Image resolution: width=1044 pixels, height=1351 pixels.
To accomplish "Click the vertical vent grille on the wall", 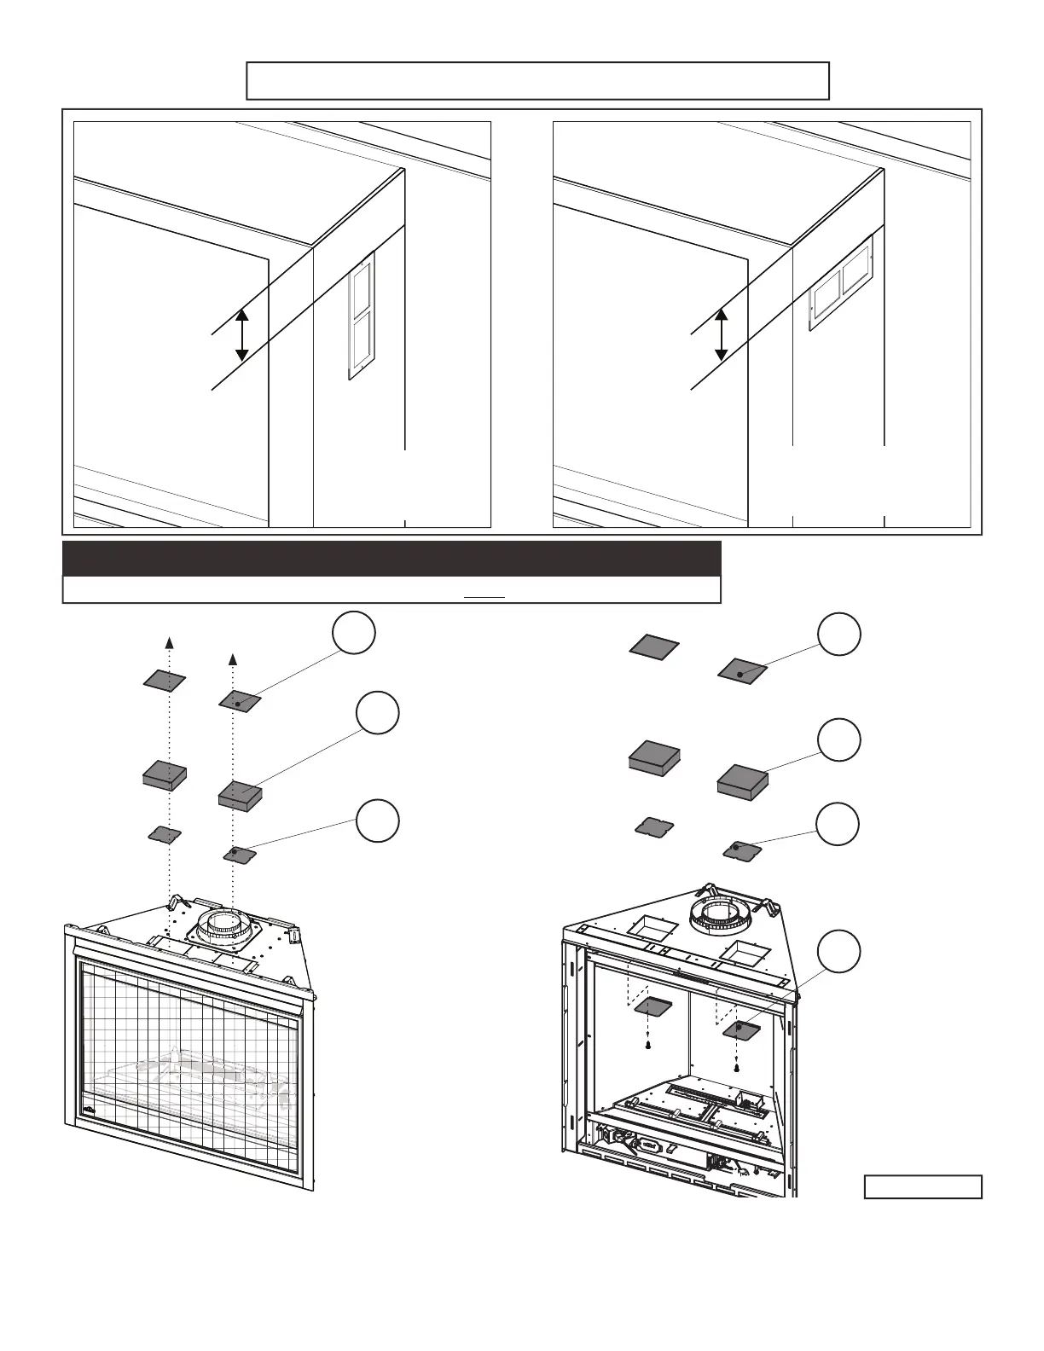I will click(361, 316).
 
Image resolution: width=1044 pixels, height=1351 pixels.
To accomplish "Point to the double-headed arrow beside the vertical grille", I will click(242, 334).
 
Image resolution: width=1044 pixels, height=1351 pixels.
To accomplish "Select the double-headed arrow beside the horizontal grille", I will click(722, 334).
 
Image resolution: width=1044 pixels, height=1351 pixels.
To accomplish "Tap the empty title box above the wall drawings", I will click(537, 81).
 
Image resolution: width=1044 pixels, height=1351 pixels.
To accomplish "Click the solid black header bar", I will click(391, 559).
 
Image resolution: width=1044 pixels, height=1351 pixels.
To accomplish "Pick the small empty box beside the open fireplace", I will click(923, 1186).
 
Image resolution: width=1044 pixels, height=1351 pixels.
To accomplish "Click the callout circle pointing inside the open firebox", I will click(838, 951).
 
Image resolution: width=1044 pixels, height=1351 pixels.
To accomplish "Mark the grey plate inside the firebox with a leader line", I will click(741, 1029).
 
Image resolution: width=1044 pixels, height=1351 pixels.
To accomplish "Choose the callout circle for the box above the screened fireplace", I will click(377, 713).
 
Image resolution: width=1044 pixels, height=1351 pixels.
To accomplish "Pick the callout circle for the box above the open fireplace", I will click(838, 739).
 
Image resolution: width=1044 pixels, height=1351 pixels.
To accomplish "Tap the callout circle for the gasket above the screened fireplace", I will click(377, 820).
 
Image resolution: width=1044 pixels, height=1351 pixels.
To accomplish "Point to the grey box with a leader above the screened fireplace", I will click(240, 796).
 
